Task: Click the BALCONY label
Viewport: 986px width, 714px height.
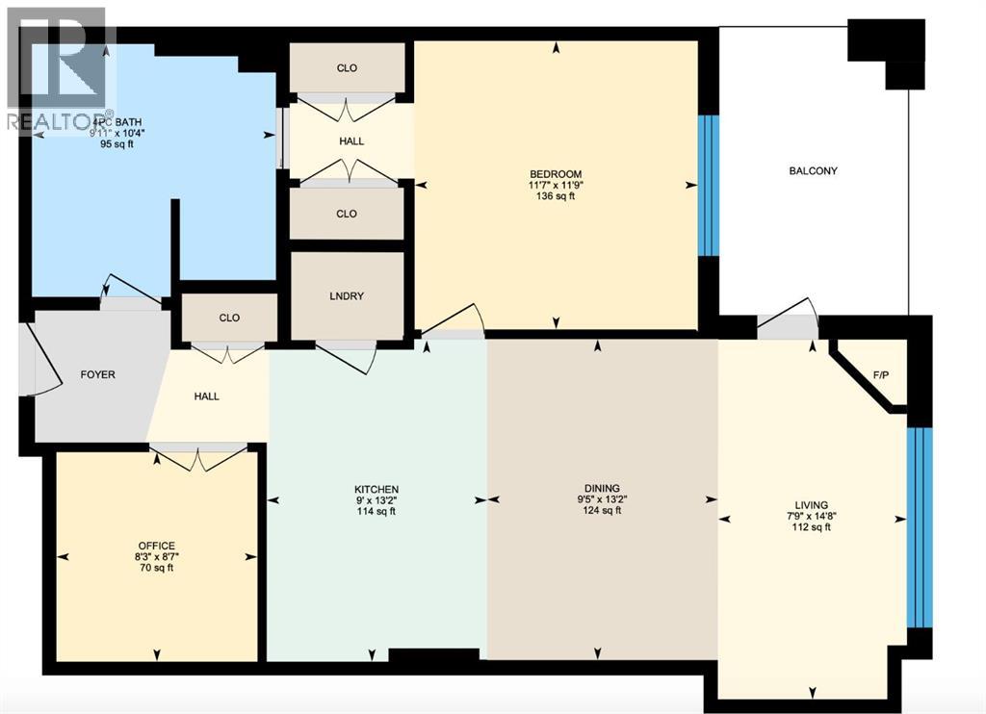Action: (814, 171)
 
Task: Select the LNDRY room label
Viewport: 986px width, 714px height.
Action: (347, 296)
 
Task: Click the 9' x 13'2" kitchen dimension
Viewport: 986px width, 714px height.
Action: (376, 499)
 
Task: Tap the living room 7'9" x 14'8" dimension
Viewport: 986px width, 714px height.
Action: (812, 515)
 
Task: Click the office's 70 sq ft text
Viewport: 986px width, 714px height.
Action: (156, 569)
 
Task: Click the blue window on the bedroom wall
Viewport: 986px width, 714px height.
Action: (708, 186)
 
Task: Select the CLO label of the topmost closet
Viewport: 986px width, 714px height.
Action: (347, 68)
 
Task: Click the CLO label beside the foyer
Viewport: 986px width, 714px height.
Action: (229, 319)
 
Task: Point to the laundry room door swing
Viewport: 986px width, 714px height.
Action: (347, 356)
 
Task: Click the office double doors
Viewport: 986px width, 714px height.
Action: (198, 458)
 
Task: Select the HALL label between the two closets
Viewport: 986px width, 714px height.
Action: (351, 141)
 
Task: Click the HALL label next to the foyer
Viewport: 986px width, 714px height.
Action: (206, 396)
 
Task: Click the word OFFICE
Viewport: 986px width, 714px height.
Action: (156, 547)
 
